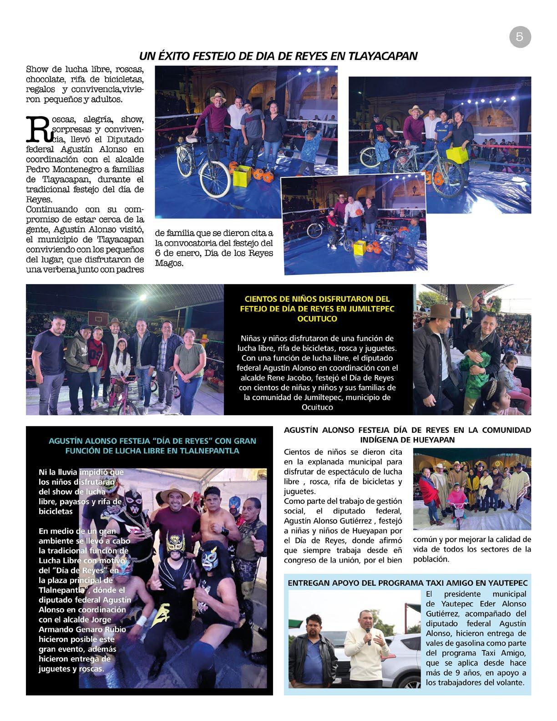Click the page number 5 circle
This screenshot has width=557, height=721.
click(x=520, y=37)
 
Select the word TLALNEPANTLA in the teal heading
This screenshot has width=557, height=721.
click(x=208, y=451)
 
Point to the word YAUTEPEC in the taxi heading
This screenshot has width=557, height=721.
click(x=509, y=583)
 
